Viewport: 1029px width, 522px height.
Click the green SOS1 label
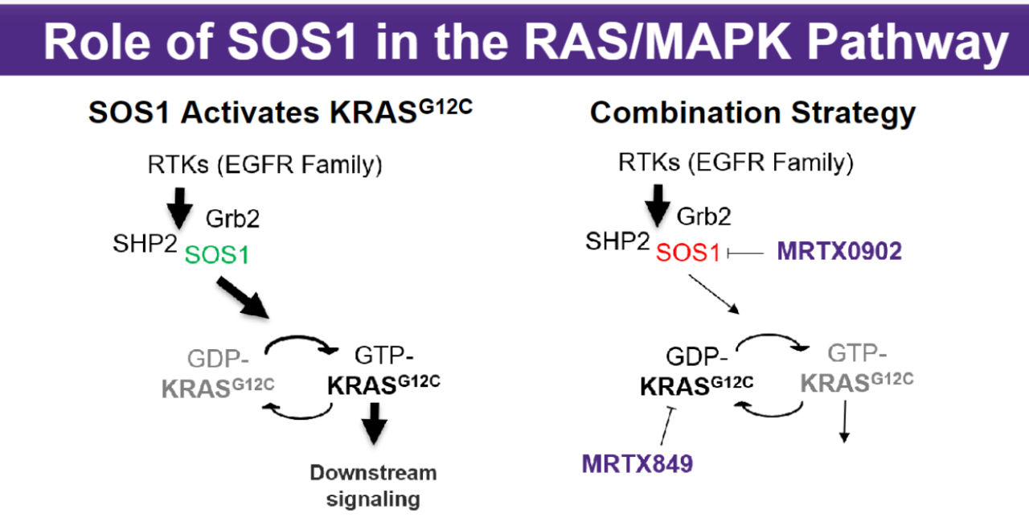217,255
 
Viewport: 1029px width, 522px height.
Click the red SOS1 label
687,253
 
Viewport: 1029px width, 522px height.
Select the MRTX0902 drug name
839,252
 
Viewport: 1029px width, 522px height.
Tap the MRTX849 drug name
637,463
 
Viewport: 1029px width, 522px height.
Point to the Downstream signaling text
374,486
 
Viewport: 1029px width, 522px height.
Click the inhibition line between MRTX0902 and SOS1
745,253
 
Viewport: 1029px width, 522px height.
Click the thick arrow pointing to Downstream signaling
375,424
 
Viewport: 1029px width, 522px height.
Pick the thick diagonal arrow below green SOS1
243,298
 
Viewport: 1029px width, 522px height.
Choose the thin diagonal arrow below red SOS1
713,294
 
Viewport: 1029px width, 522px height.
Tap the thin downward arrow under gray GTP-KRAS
844,421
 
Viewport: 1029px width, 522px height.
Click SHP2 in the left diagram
145,243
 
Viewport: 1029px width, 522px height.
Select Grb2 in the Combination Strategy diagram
703,216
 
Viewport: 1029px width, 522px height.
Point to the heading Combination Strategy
752,113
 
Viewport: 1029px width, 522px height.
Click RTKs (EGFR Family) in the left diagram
265,165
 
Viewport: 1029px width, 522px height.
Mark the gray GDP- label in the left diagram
218,359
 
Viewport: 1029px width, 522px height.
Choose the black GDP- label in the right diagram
697,356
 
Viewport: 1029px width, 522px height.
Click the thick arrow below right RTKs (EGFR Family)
658,206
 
